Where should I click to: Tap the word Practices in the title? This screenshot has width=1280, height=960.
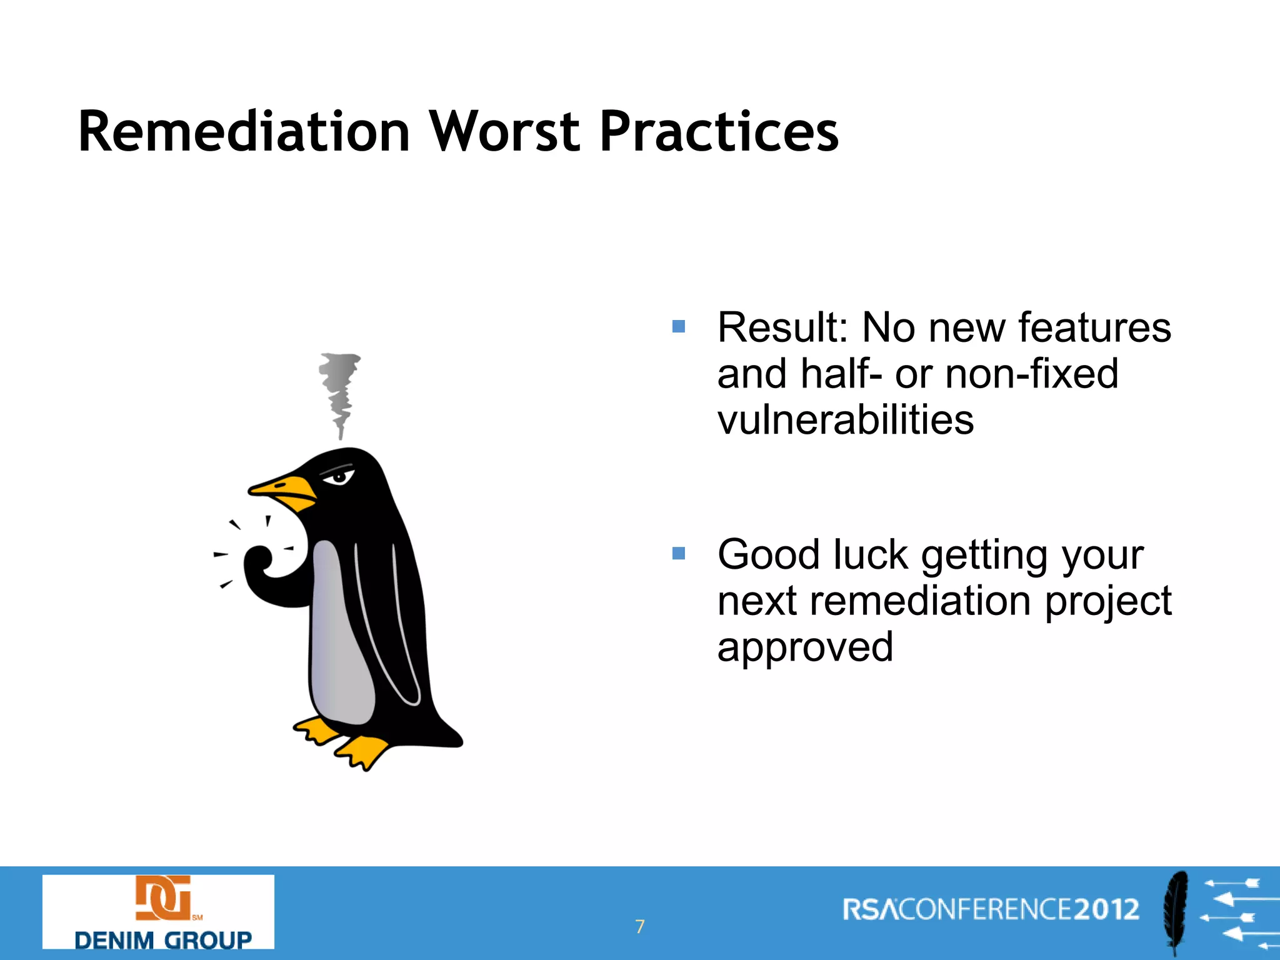(x=719, y=132)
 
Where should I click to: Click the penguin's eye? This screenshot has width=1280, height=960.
(x=339, y=478)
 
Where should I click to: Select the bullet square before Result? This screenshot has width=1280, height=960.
(x=678, y=326)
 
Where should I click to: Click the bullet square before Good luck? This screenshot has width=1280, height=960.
(x=678, y=553)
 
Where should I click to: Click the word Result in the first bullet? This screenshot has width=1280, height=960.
(x=781, y=327)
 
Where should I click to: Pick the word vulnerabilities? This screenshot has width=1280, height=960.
(x=845, y=419)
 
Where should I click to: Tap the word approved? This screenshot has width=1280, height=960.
(x=805, y=647)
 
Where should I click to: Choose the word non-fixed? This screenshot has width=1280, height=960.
(x=1031, y=374)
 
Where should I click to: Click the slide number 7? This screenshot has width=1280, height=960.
(x=639, y=926)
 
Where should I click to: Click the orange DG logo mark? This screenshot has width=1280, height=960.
(x=162, y=898)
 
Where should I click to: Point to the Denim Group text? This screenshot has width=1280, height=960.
(x=162, y=939)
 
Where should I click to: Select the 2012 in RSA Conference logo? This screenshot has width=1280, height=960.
(x=1106, y=909)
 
